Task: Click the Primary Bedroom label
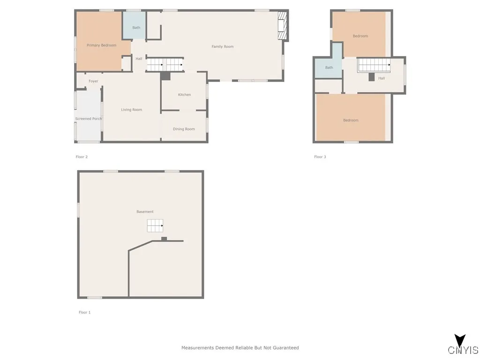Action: pos(101,45)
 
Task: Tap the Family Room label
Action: pos(222,47)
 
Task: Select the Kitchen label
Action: pos(184,95)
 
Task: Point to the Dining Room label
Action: pos(184,129)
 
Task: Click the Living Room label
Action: pos(131,110)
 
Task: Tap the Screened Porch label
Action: pos(89,119)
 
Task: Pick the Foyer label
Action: pos(93,81)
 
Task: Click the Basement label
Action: pos(145,212)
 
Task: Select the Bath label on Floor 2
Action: pos(136,28)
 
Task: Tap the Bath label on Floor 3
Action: pos(329,67)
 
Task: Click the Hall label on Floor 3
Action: pos(382,78)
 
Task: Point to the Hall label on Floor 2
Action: pos(139,59)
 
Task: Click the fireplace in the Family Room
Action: pos(282,26)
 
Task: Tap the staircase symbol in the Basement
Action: pos(155,225)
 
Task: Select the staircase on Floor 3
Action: pos(374,65)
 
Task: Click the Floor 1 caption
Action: pos(84,312)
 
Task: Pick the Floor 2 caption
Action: pos(82,157)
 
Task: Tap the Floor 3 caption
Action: pos(320,157)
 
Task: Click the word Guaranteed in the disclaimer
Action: pos(284,348)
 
